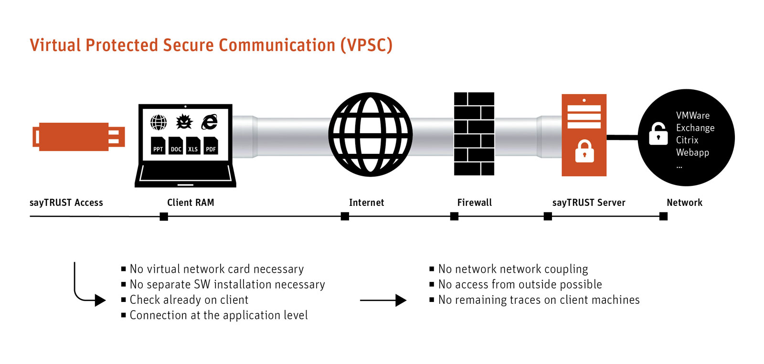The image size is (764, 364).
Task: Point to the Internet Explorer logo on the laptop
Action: coord(209,122)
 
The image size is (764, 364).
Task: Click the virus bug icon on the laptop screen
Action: coord(184,122)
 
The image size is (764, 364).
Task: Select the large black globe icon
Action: coord(370,135)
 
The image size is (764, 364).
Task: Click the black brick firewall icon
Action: coord(474,134)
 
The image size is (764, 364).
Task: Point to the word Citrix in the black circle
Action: coord(687,140)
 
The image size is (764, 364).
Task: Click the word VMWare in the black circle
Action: coord(693,116)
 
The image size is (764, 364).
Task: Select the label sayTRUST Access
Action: coord(66,203)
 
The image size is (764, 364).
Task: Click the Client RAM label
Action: coord(191,203)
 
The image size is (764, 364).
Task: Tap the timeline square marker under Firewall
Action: coord(454,216)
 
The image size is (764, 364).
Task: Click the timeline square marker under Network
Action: coord(663,216)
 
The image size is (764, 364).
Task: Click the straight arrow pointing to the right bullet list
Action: coord(383,300)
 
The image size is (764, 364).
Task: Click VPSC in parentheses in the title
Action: coord(366,45)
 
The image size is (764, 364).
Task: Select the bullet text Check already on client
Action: coord(189,300)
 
